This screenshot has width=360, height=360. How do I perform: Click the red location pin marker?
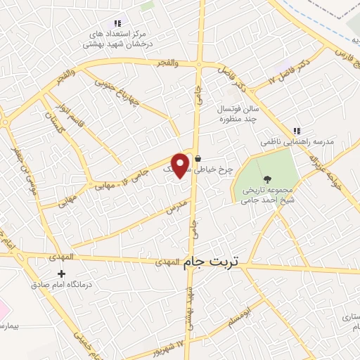click(x=181, y=165)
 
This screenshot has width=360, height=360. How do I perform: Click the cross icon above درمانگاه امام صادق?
click(x=62, y=274)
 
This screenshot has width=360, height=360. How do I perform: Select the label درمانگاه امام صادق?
click(x=61, y=285)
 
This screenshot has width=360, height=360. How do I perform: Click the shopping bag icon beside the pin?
click(x=199, y=158)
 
